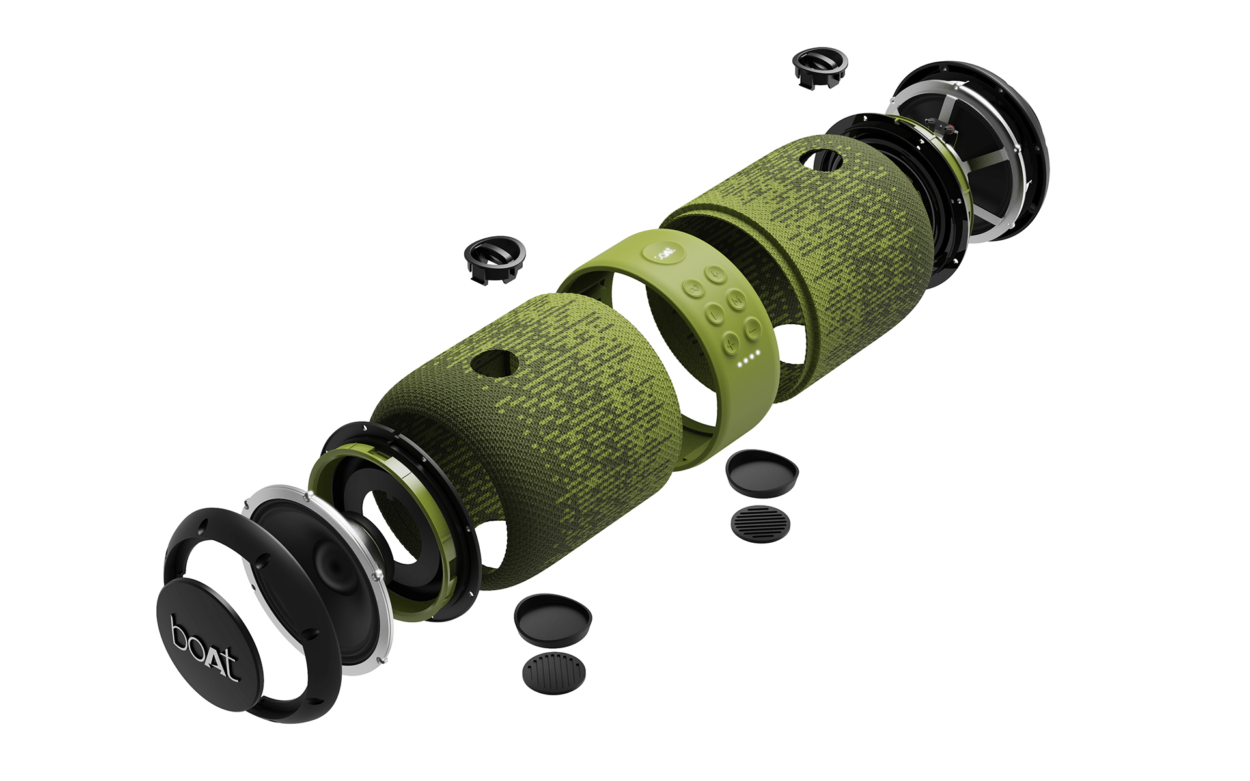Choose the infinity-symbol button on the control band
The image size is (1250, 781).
(x=693, y=287)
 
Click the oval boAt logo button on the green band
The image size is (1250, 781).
(x=663, y=252)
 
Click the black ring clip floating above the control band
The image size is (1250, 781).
(x=495, y=259)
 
